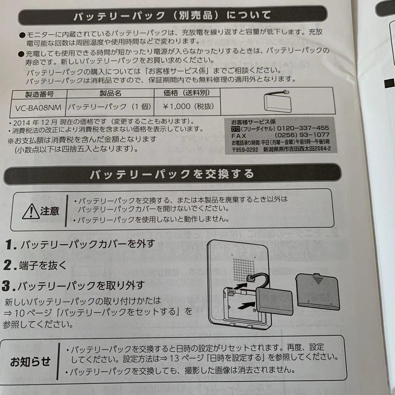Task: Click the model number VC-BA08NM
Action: [x=38, y=107]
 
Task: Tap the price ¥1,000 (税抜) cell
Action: [x=187, y=106]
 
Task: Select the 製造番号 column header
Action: [x=39, y=94]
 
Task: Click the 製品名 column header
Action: [x=110, y=93]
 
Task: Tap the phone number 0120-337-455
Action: [x=303, y=128]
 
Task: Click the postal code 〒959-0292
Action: [x=245, y=149]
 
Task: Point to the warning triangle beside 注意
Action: [x=30, y=212]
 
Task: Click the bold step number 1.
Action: [x=11, y=245]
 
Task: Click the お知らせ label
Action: [x=30, y=362]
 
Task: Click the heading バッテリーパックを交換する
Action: [x=172, y=174]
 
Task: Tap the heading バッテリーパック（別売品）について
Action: [x=172, y=16]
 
